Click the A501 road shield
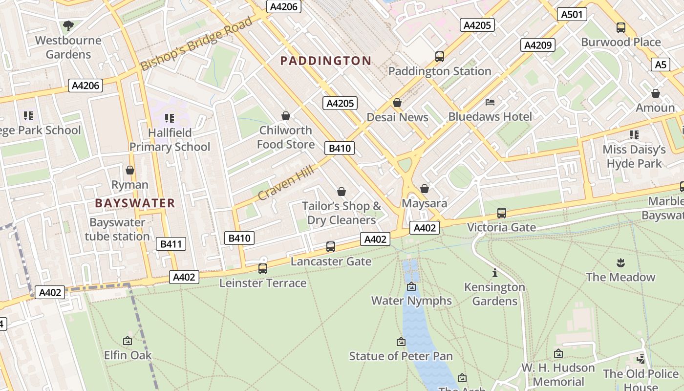pyautogui.click(x=572, y=14)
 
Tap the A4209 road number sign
pyautogui.click(x=537, y=45)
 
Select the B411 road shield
pyautogui.click(x=171, y=244)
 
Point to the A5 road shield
pyautogui.click(x=661, y=64)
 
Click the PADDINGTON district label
pyautogui.click(x=326, y=61)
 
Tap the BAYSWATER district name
pyautogui.click(x=135, y=203)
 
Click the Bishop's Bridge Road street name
pyautogui.click(x=196, y=43)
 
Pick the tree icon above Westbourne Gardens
pyautogui.click(x=68, y=25)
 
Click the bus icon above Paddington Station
pyautogui.click(x=440, y=57)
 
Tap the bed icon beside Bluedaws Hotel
pyautogui.click(x=490, y=102)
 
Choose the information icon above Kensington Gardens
pyautogui.click(x=494, y=273)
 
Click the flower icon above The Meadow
pyautogui.click(x=620, y=262)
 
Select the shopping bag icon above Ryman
pyautogui.click(x=130, y=170)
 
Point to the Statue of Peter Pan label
pyautogui.click(x=401, y=356)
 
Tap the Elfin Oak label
pyautogui.click(x=128, y=355)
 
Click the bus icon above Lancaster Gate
pyautogui.click(x=331, y=247)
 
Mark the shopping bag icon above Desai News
pyautogui.click(x=397, y=103)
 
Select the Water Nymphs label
pyautogui.click(x=411, y=301)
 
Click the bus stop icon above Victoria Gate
pyautogui.click(x=501, y=213)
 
